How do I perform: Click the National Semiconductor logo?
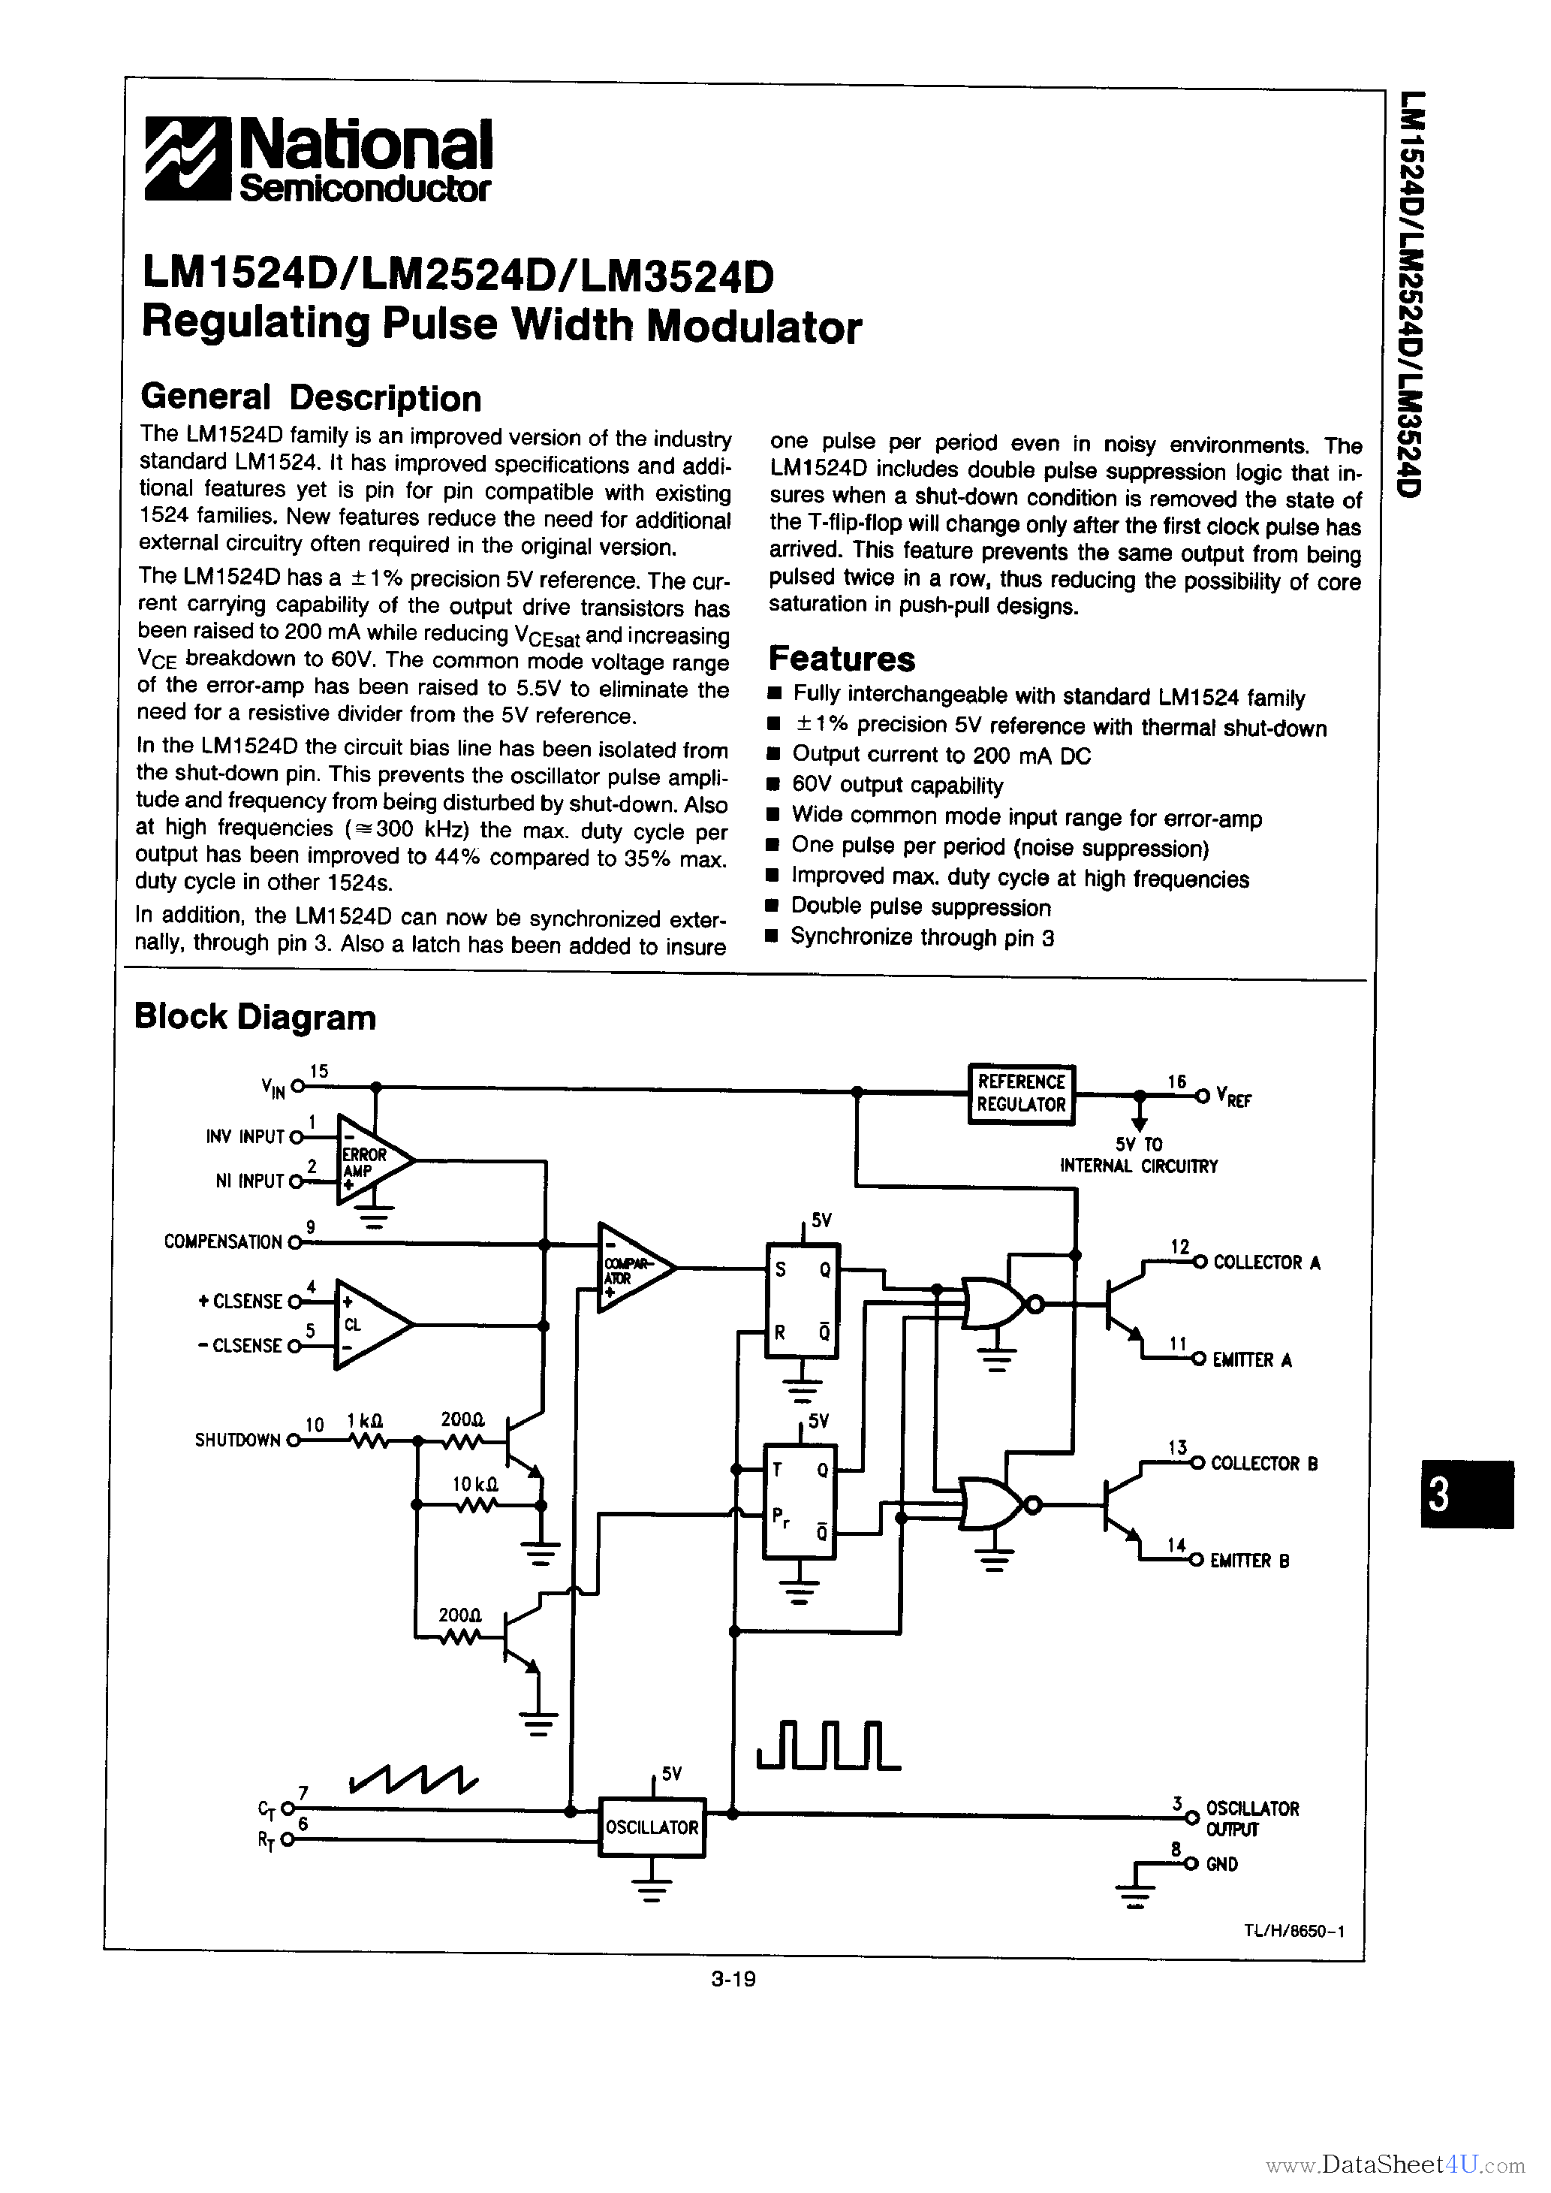pos(318,159)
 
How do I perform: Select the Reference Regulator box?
pos(1020,1093)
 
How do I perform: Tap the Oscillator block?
pos(652,1827)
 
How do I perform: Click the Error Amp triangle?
pos(371,1161)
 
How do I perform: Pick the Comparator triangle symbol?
pos(632,1268)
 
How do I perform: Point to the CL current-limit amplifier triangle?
pos(368,1325)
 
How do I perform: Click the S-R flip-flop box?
pos(803,1300)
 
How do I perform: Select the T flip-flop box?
pos(799,1501)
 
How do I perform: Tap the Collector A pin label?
pos(1266,1262)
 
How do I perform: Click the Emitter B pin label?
pos(1249,1561)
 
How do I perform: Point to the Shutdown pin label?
pos(236,1440)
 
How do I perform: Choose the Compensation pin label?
pos(222,1241)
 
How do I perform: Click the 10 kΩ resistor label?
pos(474,1484)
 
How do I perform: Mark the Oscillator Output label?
pos(1251,1818)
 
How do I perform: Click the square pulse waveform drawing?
pos(828,1745)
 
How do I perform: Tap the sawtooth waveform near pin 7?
pos(414,1778)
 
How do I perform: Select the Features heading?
pos(842,659)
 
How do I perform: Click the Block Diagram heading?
pos(255,1017)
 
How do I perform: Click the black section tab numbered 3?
pos(1465,1495)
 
